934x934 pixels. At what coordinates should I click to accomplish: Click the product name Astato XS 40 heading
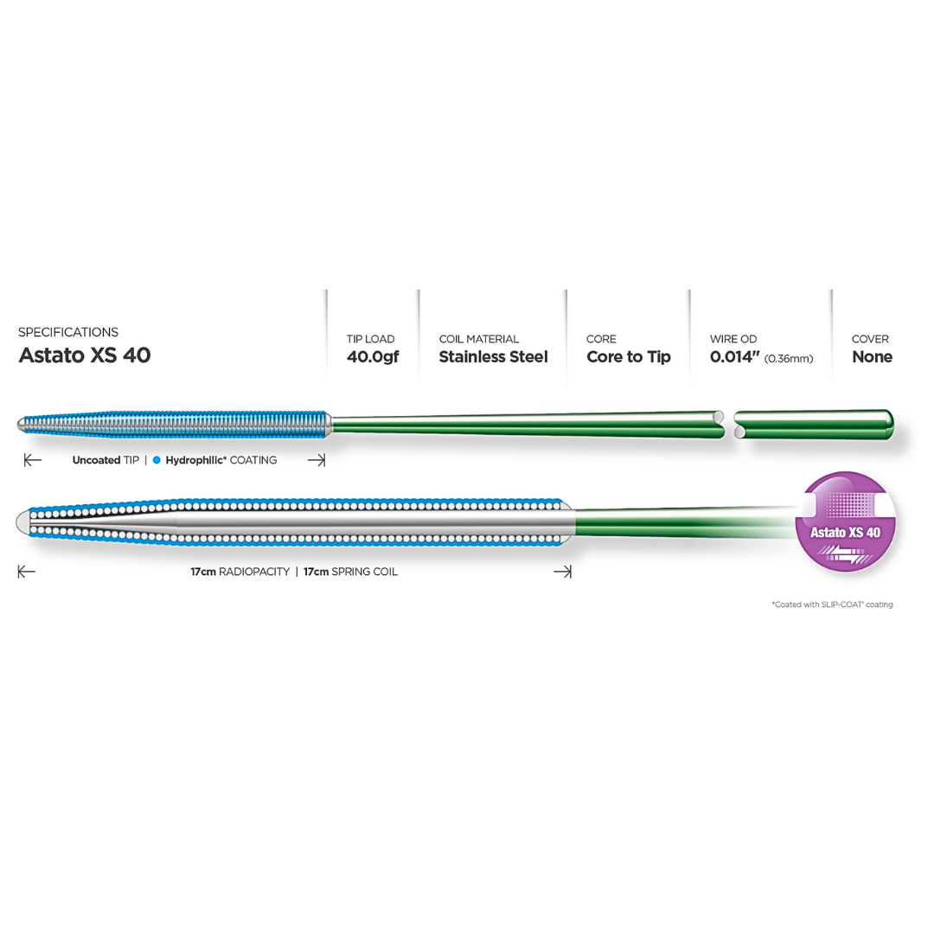pyautogui.click(x=84, y=355)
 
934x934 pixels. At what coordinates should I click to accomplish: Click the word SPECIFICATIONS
pyautogui.click(x=68, y=332)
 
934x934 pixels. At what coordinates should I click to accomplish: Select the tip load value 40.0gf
pyautogui.click(x=373, y=356)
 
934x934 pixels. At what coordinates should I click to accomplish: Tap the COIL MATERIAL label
pyautogui.click(x=479, y=339)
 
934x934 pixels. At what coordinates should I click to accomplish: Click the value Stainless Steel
pyautogui.click(x=493, y=356)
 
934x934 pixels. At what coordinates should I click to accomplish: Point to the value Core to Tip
pyautogui.click(x=628, y=356)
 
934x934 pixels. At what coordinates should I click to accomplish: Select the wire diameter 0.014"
pyautogui.click(x=733, y=356)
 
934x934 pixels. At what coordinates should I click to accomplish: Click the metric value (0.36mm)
pyautogui.click(x=789, y=358)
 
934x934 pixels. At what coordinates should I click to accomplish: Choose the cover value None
pyautogui.click(x=872, y=356)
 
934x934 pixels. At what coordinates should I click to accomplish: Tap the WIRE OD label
pyautogui.click(x=733, y=339)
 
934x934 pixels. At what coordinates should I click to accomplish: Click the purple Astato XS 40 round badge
pyautogui.click(x=845, y=521)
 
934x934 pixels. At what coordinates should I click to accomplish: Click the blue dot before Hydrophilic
pyautogui.click(x=157, y=460)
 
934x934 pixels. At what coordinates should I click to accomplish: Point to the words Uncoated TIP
pyautogui.click(x=105, y=460)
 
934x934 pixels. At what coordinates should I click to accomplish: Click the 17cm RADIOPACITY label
pyautogui.click(x=240, y=572)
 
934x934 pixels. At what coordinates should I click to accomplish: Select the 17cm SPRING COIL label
pyautogui.click(x=350, y=572)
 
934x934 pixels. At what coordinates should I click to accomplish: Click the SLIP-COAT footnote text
pyautogui.click(x=832, y=605)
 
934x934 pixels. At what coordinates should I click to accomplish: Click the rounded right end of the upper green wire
pyautogui.click(x=887, y=422)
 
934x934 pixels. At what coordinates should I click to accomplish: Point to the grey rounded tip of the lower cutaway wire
pyautogui.click(x=23, y=521)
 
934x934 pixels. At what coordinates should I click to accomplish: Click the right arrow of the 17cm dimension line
pyautogui.click(x=563, y=572)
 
